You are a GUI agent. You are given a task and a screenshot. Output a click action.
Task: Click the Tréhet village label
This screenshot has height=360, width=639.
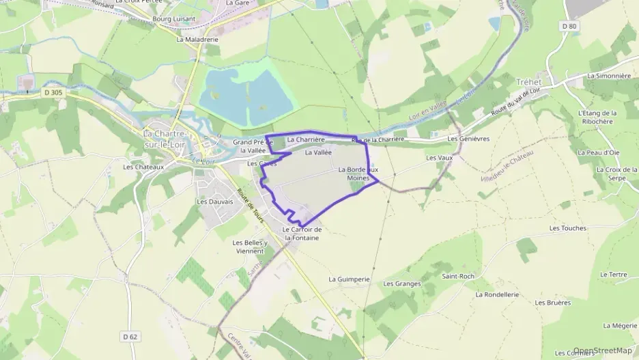coord(528,81)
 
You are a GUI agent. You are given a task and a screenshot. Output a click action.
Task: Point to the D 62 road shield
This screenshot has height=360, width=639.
coord(130,336)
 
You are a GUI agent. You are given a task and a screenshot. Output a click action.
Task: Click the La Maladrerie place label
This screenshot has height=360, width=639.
coord(197,40)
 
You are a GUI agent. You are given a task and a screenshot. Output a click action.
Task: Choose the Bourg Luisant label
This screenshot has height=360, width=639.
coord(174,19)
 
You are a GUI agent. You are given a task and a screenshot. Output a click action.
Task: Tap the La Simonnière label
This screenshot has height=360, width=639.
coord(609,76)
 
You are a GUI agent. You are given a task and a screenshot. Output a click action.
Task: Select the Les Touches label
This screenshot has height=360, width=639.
coord(568,228)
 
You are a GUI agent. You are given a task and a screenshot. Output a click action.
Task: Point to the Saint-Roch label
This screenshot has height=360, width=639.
coord(458,277)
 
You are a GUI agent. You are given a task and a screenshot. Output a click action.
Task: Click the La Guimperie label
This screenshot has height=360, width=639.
coord(349,279)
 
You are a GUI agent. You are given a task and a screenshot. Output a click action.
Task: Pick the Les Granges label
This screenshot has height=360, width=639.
coord(402,283)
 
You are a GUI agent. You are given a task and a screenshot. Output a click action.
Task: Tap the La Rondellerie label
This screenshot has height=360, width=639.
coord(497,294)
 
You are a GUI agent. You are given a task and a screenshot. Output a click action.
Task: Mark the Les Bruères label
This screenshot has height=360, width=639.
coord(553,302)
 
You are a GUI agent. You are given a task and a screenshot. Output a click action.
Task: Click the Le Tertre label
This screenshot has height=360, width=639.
coord(614,274)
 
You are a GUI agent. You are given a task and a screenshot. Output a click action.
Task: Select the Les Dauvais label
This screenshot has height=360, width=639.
coord(215,202)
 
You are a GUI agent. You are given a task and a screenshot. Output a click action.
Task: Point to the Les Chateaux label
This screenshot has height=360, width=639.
coord(143,167)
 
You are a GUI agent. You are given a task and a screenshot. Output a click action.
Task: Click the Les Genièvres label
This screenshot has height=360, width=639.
coord(469,139)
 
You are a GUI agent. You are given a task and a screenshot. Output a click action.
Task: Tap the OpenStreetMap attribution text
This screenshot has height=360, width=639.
coord(603,350)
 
